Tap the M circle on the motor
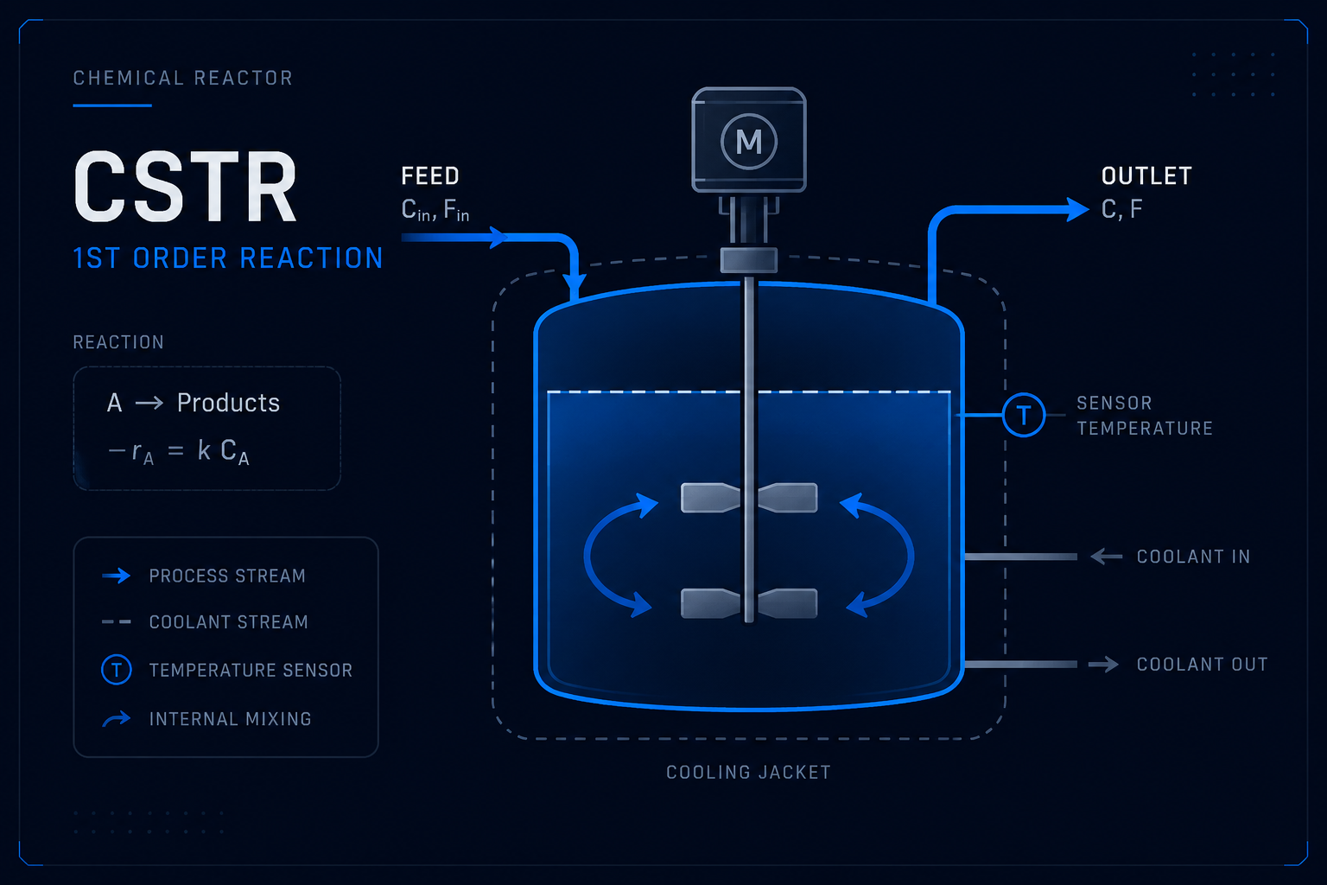coord(749,142)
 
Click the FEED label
coord(430,176)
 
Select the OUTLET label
coord(1146,176)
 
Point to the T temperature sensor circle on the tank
coord(1024,415)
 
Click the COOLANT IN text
coord(1193,557)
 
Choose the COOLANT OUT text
coord(1202,665)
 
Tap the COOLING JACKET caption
coord(749,773)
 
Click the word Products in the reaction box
coord(228,403)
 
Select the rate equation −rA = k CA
coord(179,452)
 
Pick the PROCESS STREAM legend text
coord(227,576)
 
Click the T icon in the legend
coord(117,670)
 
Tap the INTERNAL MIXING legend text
coord(231,719)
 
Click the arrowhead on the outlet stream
coord(1077,209)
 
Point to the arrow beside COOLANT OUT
coord(1103,665)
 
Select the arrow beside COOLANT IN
coord(1107,557)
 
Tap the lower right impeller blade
coord(787,603)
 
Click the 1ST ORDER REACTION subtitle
coord(228,258)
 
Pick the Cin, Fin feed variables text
coord(435,210)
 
